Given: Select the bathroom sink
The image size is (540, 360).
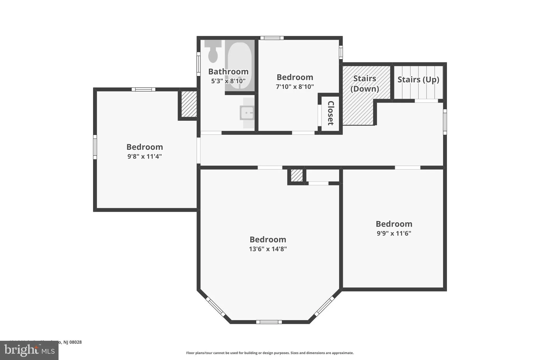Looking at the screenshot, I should (247, 113).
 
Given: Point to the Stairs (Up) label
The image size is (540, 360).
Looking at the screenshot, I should (418, 79).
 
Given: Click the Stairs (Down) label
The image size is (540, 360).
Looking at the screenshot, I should (365, 84).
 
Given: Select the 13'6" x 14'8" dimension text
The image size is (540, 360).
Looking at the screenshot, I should (268, 249).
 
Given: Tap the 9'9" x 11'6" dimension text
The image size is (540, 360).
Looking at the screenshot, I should (394, 233).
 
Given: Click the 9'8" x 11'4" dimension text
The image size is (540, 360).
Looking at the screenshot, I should (144, 156).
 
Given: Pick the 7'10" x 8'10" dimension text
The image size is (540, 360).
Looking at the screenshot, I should (295, 87).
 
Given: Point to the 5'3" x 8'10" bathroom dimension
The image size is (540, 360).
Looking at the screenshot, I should (228, 81).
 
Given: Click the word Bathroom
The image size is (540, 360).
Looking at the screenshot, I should (228, 71).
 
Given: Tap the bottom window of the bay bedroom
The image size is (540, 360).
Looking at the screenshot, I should (269, 322).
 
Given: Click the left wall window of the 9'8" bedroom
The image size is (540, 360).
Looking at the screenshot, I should (95, 147).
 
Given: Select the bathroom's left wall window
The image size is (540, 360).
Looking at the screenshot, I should (199, 64).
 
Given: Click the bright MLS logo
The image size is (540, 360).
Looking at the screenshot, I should (29, 350).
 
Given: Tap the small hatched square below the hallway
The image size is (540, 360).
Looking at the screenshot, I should (297, 175).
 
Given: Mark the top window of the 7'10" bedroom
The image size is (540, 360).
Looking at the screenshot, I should (272, 38).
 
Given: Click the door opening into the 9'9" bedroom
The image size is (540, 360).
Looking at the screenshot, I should (407, 167).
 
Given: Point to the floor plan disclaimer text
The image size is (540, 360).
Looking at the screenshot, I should (270, 353).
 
